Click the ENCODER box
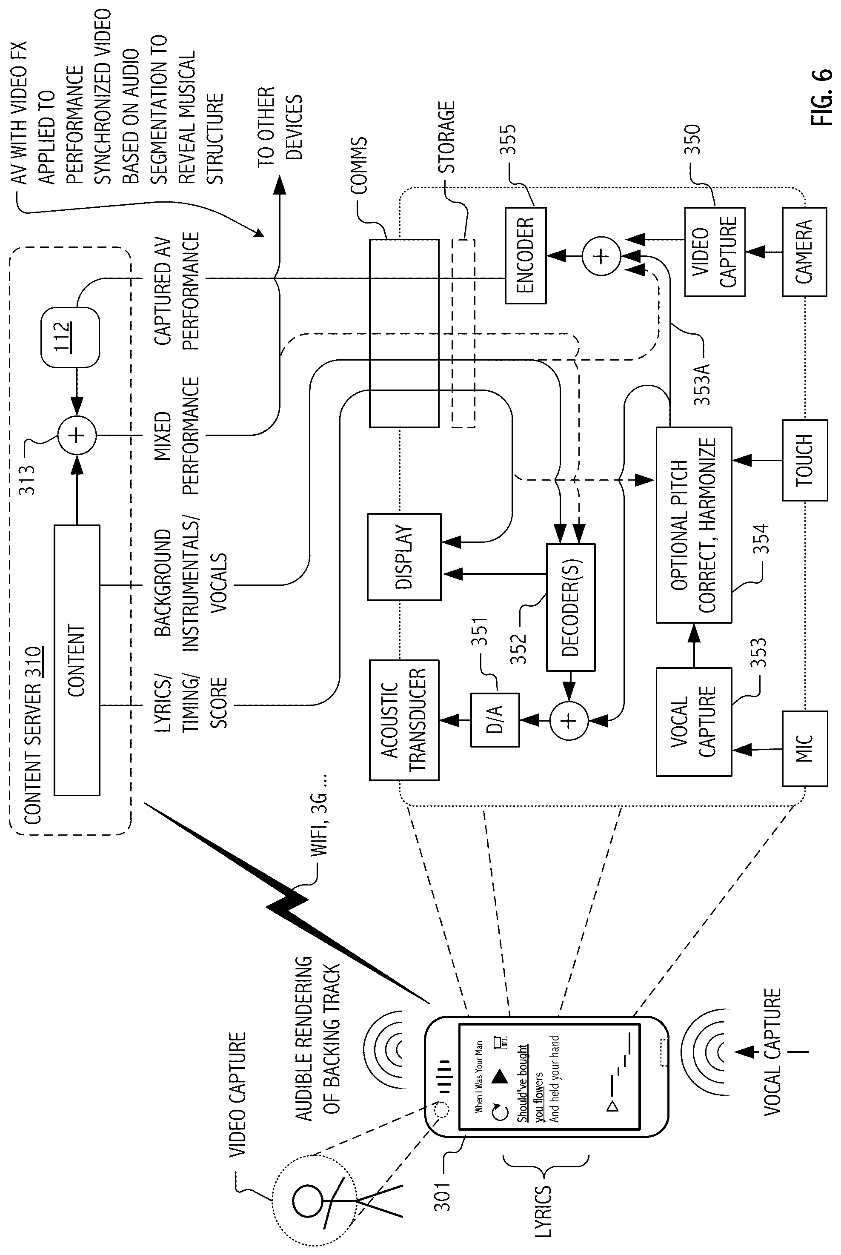(x=525, y=255)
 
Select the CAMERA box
(x=804, y=252)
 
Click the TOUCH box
(x=804, y=460)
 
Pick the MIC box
(x=804, y=748)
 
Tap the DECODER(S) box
(x=570, y=607)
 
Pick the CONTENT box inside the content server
(x=77, y=660)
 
